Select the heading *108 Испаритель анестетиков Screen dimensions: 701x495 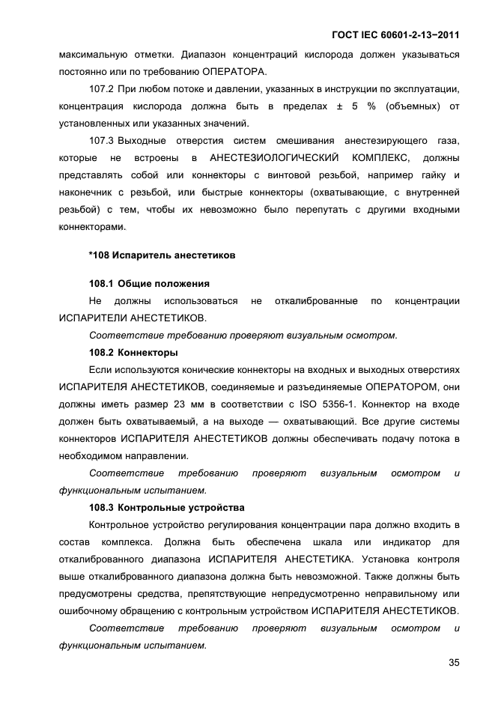162,255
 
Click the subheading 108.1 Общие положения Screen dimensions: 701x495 149,284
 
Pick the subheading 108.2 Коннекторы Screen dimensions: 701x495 133,352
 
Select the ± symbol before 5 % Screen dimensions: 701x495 339,107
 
